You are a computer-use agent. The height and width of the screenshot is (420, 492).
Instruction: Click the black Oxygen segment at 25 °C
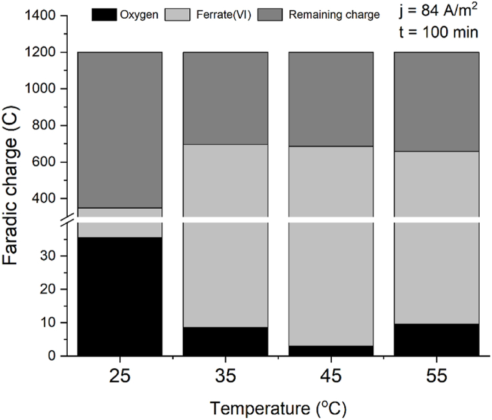tap(119, 297)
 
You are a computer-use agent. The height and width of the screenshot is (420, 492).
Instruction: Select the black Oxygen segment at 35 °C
tap(225, 341)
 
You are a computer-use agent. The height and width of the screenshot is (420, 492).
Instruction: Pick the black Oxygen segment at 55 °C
tap(436, 340)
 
